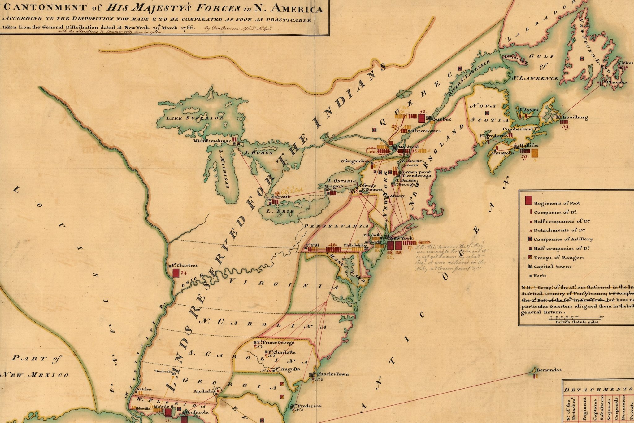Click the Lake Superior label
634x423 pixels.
click(x=195, y=118)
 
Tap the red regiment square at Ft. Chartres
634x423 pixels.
click(x=176, y=273)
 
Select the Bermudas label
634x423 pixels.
click(x=549, y=370)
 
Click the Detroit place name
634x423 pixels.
click(x=280, y=197)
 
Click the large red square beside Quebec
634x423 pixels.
click(x=421, y=118)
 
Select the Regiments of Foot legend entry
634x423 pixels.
click(x=556, y=203)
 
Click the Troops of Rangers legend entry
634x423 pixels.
click(x=558, y=258)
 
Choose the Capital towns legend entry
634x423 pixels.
click(x=552, y=267)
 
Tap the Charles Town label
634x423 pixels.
click(x=332, y=374)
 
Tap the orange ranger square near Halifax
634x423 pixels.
click(x=534, y=152)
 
